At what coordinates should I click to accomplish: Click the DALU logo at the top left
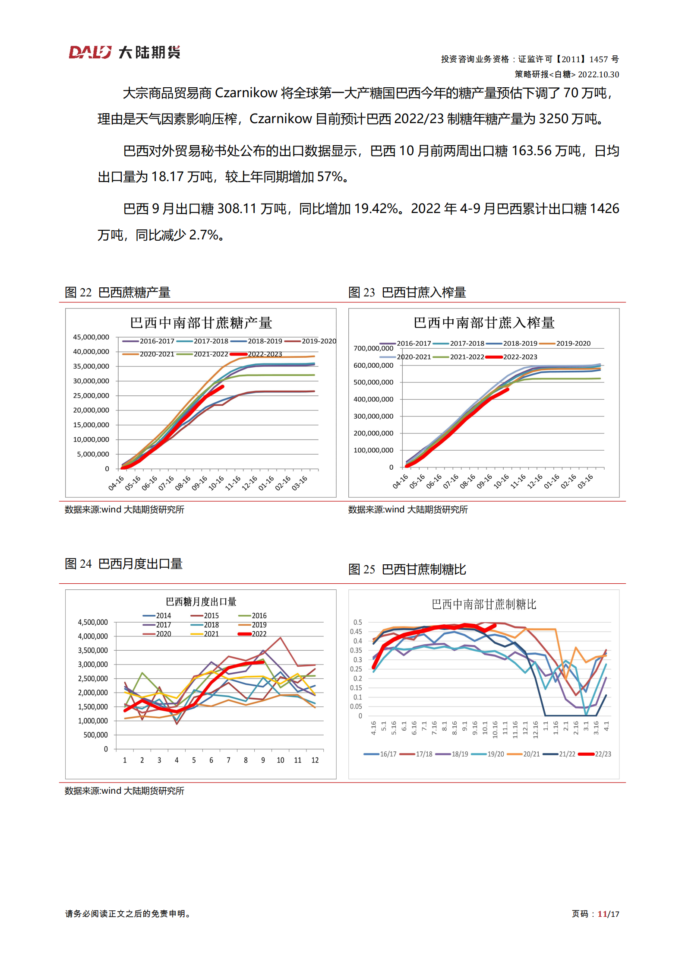tap(124, 53)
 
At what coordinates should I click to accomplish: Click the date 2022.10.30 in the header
tap(598, 74)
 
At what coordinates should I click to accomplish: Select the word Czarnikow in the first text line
tap(246, 93)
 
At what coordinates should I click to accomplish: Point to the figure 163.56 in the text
tap(531, 151)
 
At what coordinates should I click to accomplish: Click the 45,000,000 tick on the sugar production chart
tap(91, 337)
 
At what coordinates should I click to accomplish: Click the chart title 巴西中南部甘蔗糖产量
tap(201, 323)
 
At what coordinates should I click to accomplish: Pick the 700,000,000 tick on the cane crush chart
tap(373, 348)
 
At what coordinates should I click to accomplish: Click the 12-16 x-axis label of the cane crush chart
tap(535, 481)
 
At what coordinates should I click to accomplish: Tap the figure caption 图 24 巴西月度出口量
tap(123, 564)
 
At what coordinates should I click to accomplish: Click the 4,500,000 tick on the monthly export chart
tap(93, 622)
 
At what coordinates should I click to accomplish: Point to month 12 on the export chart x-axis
tap(315, 760)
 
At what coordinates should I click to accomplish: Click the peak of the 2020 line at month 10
tap(281, 638)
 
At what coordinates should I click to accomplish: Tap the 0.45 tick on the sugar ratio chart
tap(356, 632)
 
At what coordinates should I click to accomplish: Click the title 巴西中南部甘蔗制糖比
tap(484, 604)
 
